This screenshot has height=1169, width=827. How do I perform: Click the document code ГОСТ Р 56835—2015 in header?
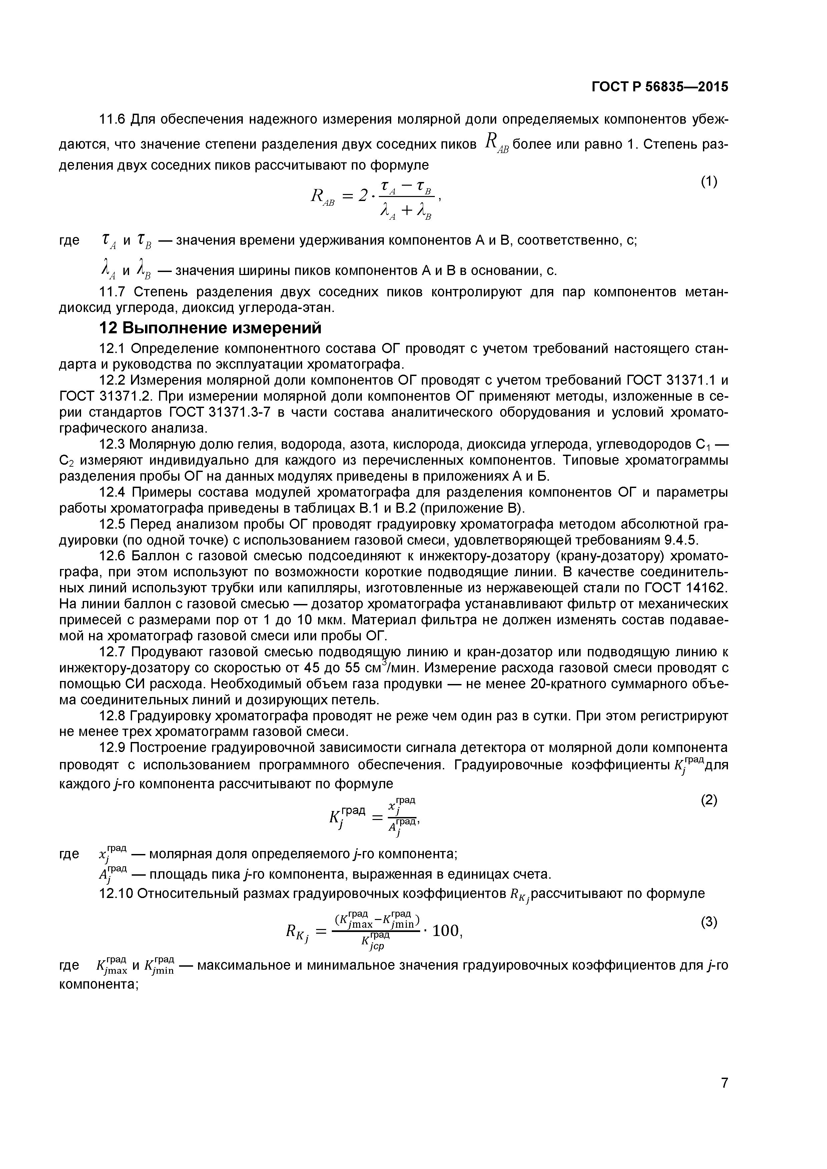(660, 87)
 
